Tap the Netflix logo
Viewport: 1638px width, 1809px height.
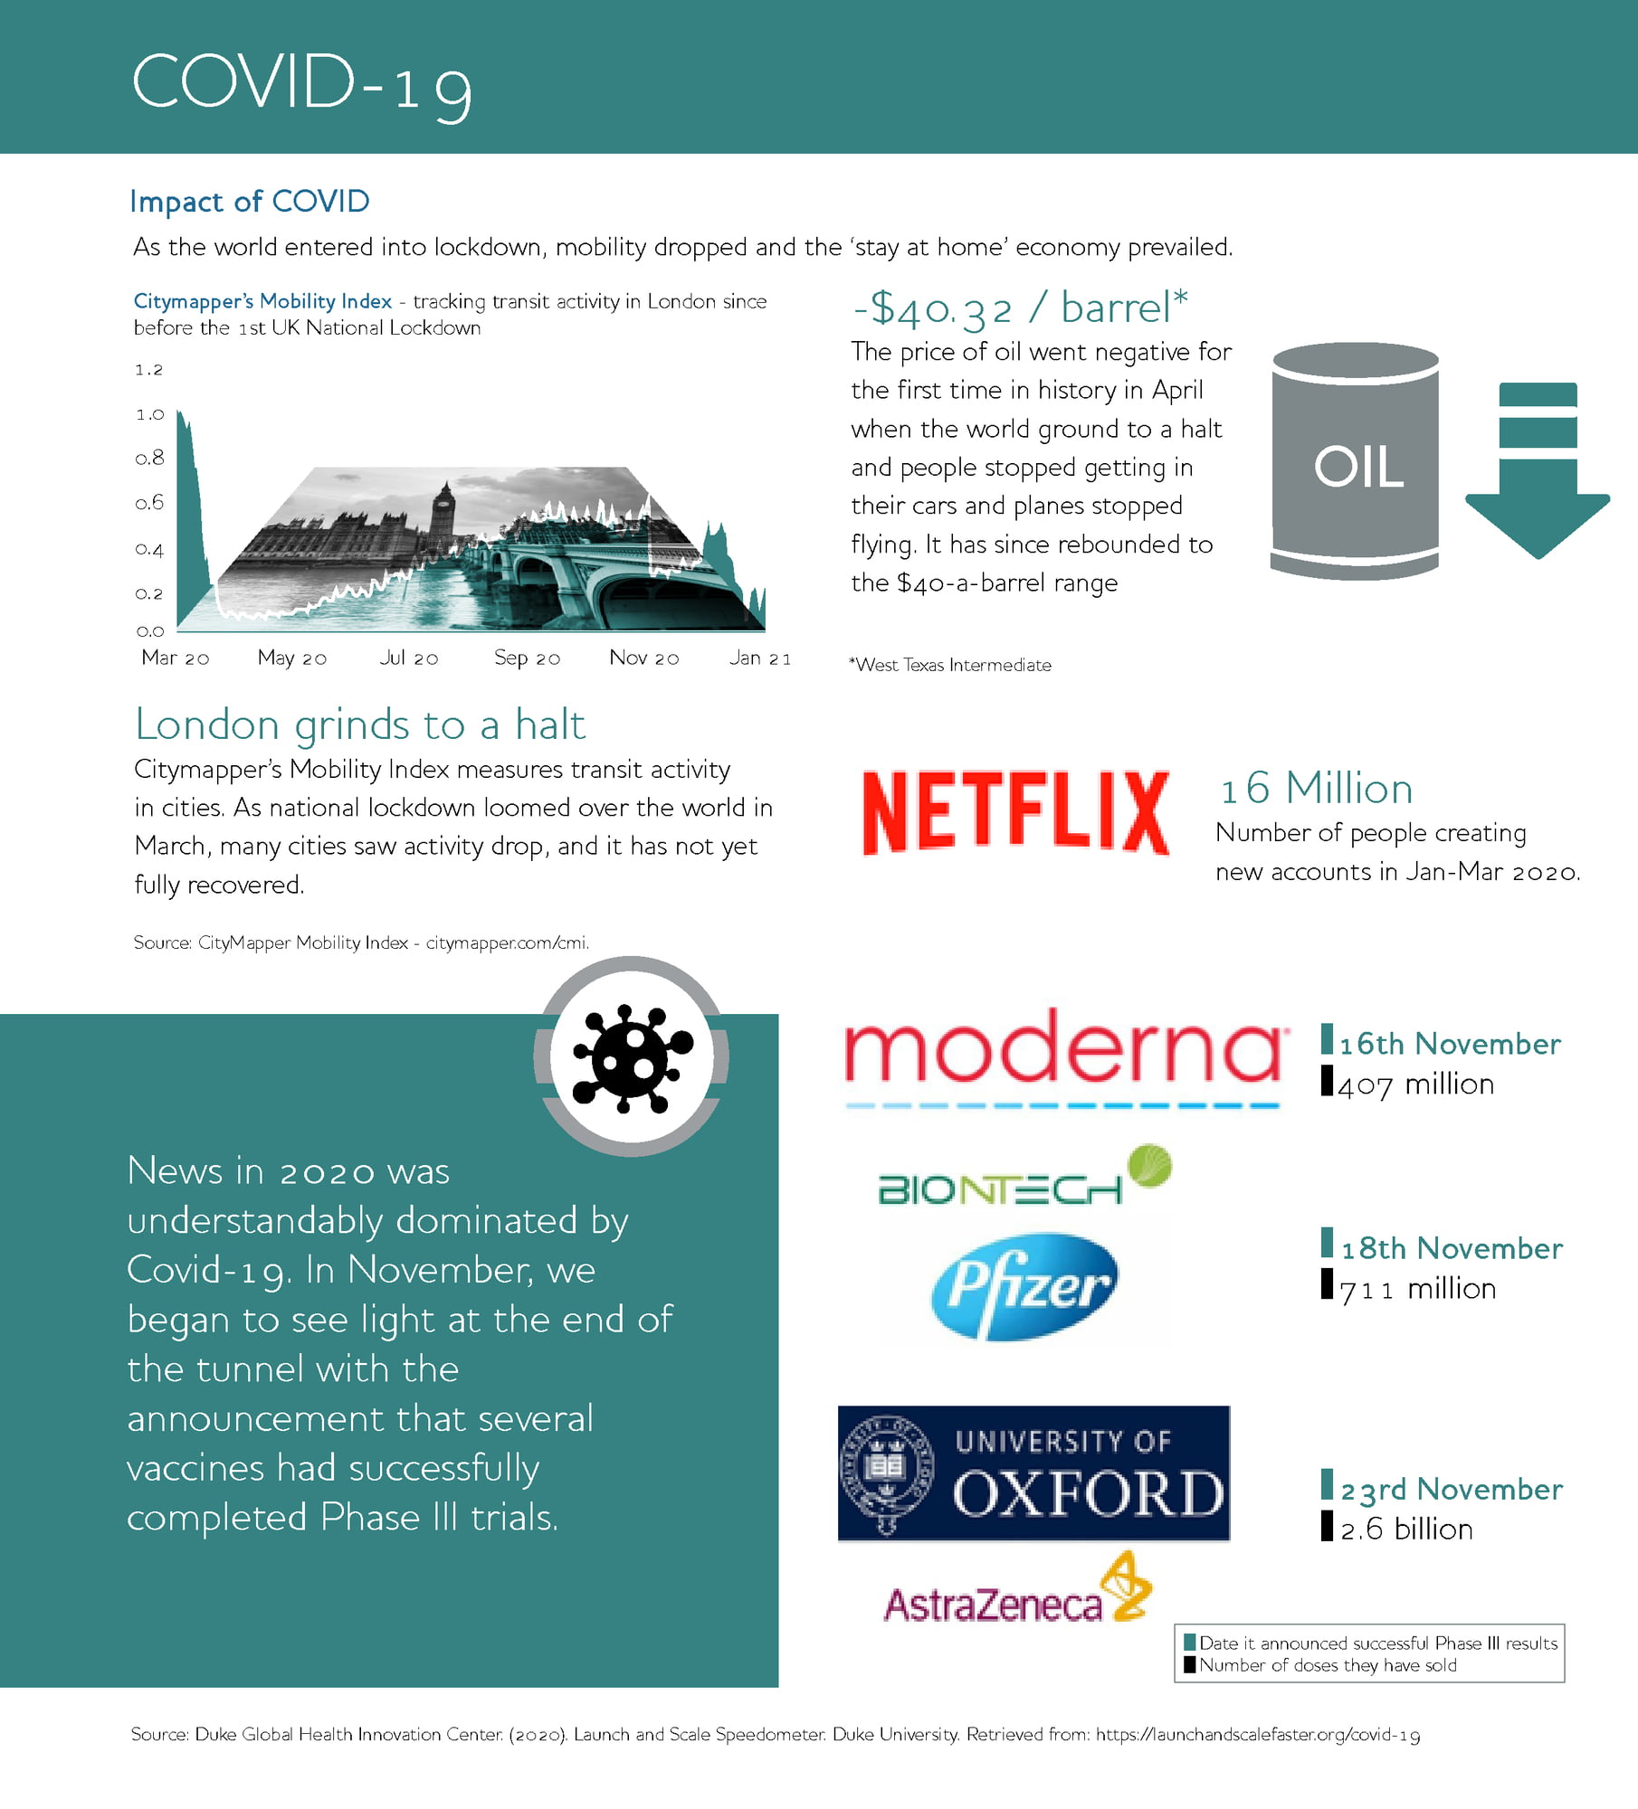pos(1015,812)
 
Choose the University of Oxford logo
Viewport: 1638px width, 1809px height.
pos(1033,1473)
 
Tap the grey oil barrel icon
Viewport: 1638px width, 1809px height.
pos(1354,461)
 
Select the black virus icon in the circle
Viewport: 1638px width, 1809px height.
pos(632,1056)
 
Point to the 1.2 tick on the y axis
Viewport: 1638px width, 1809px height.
pos(148,370)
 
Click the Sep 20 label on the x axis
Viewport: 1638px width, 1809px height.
pos(527,658)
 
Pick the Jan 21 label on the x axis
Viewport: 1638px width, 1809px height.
pos(760,658)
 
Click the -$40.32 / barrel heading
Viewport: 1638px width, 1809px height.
pos(1020,308)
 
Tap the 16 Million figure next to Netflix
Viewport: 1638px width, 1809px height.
pos(1316,788)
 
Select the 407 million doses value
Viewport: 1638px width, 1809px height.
pos(1415,1084)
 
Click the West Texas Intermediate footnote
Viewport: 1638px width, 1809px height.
pos(950,665)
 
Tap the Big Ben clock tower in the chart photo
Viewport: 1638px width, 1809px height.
pos(443,516)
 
